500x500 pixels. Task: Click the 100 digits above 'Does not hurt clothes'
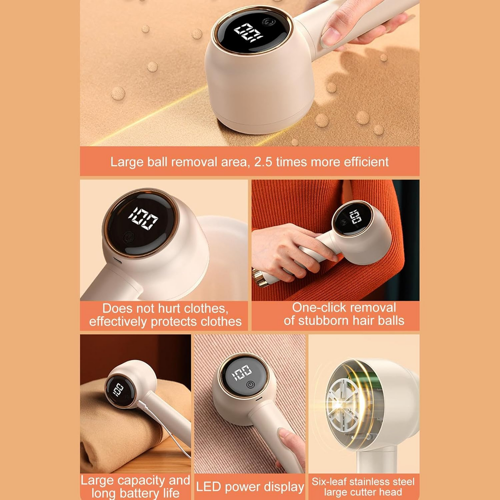coord(143,218)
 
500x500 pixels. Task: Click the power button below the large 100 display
coord(128,237)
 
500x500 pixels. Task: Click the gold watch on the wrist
coord(260,278)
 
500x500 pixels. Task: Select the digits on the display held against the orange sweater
coord(355,217)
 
